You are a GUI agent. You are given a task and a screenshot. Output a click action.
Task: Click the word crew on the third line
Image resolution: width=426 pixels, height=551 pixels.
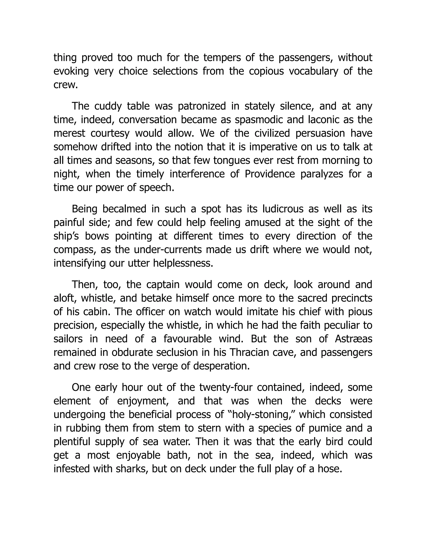64,85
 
